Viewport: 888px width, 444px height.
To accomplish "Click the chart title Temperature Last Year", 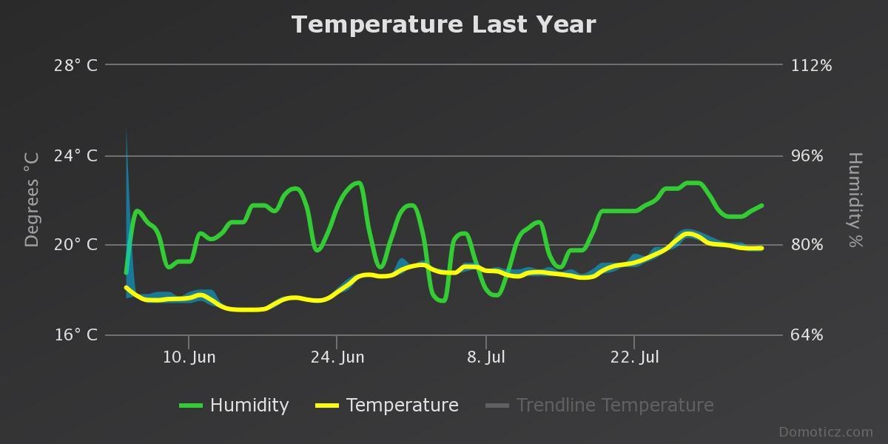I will [x=443, y=24].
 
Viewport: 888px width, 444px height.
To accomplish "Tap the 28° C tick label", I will [x=75, y=65].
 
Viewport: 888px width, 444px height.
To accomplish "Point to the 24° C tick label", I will [x=75, y=155].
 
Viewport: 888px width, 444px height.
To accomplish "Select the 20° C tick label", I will [x=75, y=245].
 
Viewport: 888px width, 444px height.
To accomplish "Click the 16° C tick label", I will [x=75, y=335].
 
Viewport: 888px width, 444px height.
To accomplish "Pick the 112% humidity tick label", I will [x=812, y=65].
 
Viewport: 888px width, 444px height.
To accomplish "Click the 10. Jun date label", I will [x=189, y=357].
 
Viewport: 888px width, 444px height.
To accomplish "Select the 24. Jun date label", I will [x=337, y=357].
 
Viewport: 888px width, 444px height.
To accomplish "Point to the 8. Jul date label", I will [x=486, y=357].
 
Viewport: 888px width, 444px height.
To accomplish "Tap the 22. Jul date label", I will [x=635, y=357].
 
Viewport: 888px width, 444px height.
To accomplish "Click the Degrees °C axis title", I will [x=32, y=200].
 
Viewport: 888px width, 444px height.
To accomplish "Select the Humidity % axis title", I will [x=855, y=200].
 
